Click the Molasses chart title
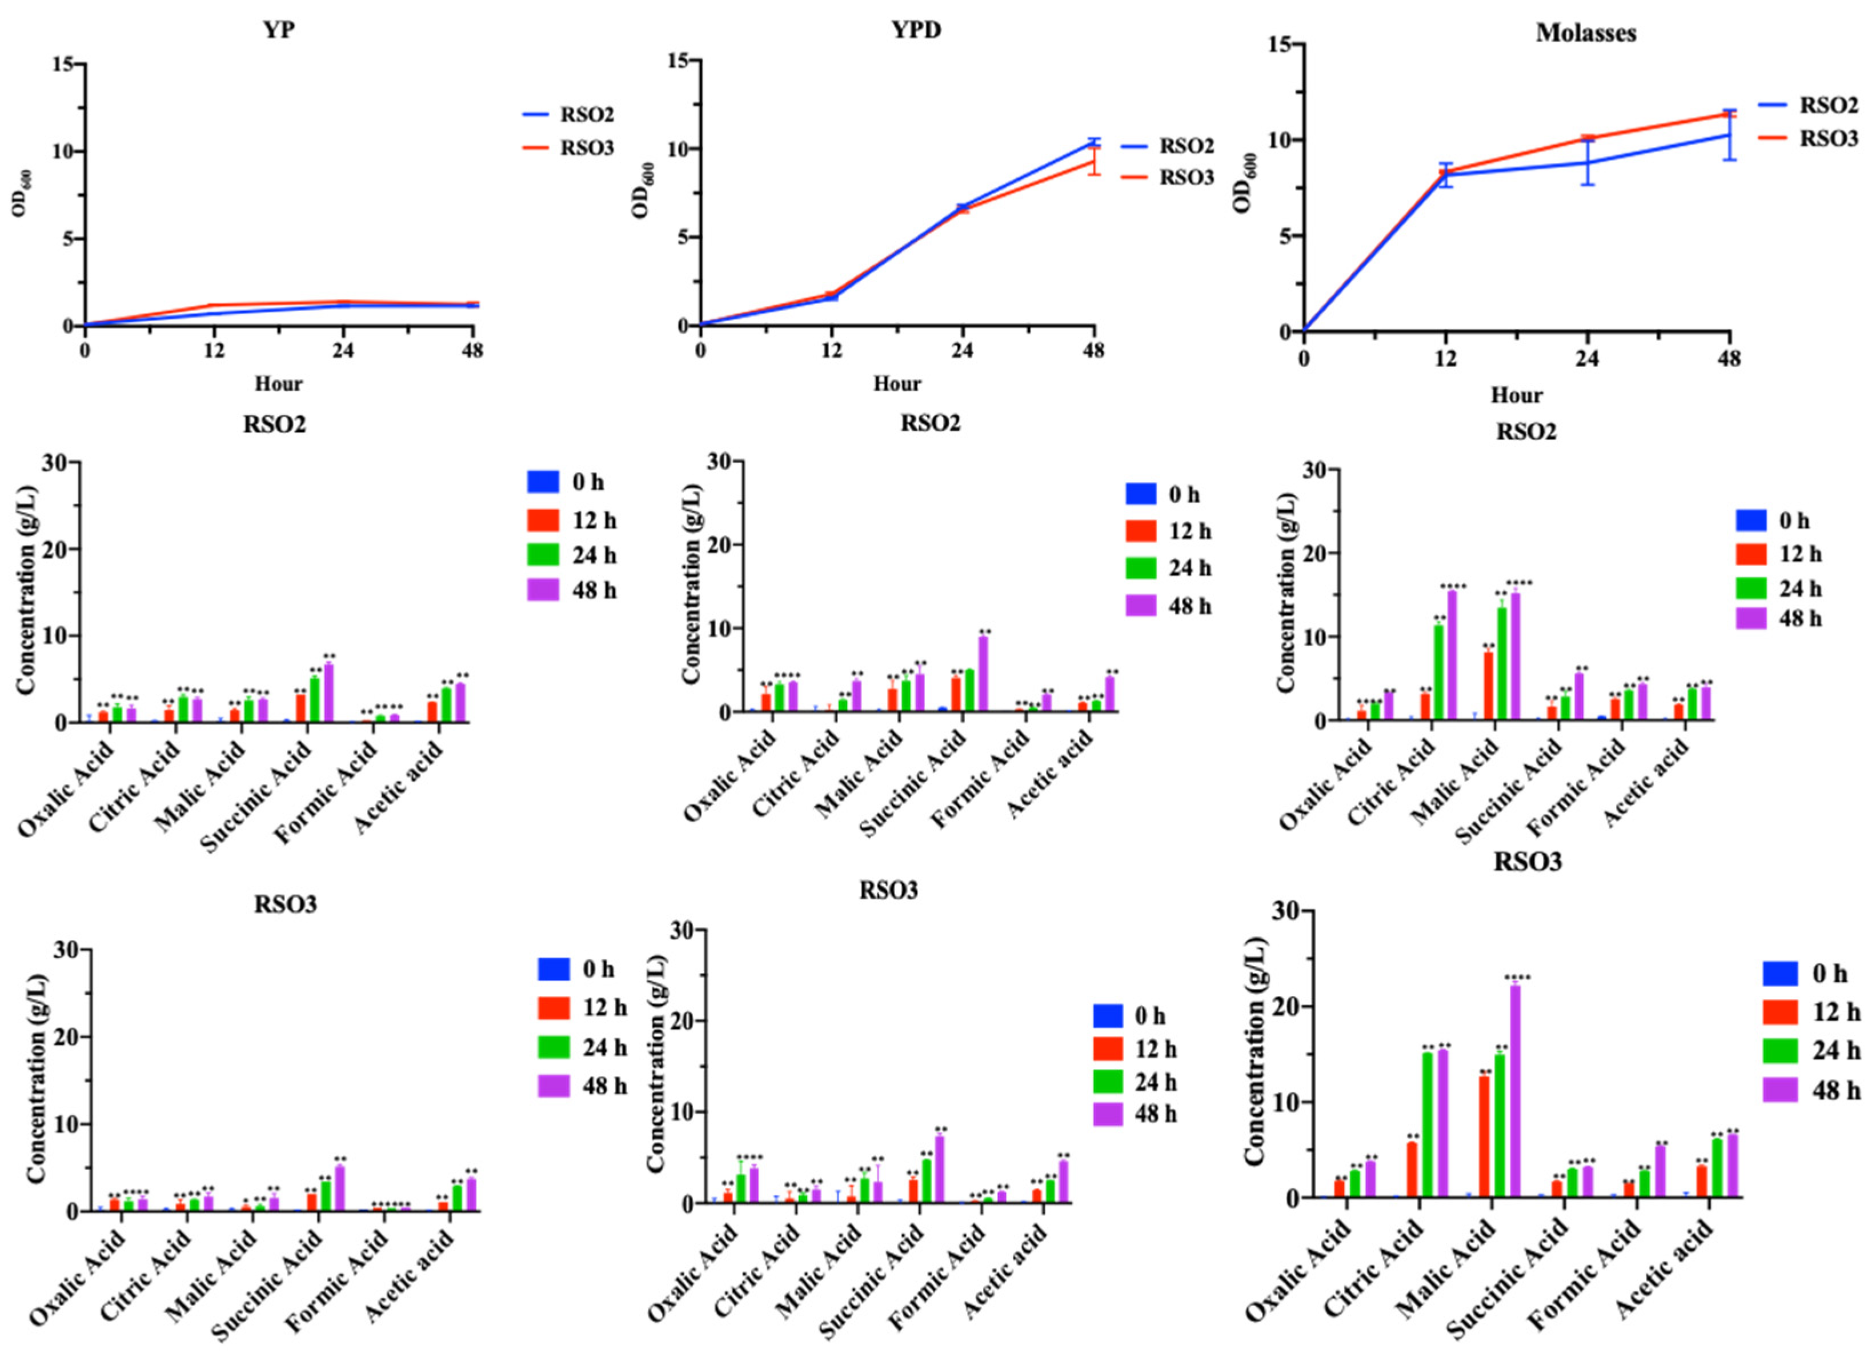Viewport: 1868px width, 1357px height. point(1585,33)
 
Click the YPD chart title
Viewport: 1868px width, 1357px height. point(916,30)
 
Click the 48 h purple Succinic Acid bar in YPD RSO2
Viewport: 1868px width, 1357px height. point(983,674)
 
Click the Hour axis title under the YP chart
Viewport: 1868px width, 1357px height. point(278,384)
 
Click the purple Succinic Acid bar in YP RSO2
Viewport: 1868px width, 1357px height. point(328,693)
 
